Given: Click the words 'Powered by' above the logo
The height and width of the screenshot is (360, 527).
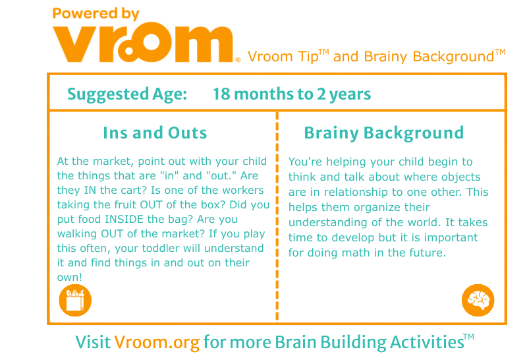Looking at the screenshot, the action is click(96, 14).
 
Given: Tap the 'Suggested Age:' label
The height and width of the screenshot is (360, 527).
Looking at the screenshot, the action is click(127, 94).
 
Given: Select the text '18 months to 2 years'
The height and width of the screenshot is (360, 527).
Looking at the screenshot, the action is click(292, 94).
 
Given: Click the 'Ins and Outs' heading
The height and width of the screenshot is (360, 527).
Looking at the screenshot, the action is click(155, 133).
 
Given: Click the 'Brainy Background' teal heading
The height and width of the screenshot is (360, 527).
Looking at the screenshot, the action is click(384, 133).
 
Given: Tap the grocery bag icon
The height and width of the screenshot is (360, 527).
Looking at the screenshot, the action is click(75, 301).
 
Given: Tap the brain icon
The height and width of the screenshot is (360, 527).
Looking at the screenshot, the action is click(478, 301).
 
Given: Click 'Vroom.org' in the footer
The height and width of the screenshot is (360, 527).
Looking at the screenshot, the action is click(157, 342).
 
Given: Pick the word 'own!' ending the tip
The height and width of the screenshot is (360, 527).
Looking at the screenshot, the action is click(70, 277).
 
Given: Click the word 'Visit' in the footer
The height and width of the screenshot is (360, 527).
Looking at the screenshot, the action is click(93, 342).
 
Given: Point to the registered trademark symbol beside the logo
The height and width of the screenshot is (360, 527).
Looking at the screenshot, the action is click(238, 60).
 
